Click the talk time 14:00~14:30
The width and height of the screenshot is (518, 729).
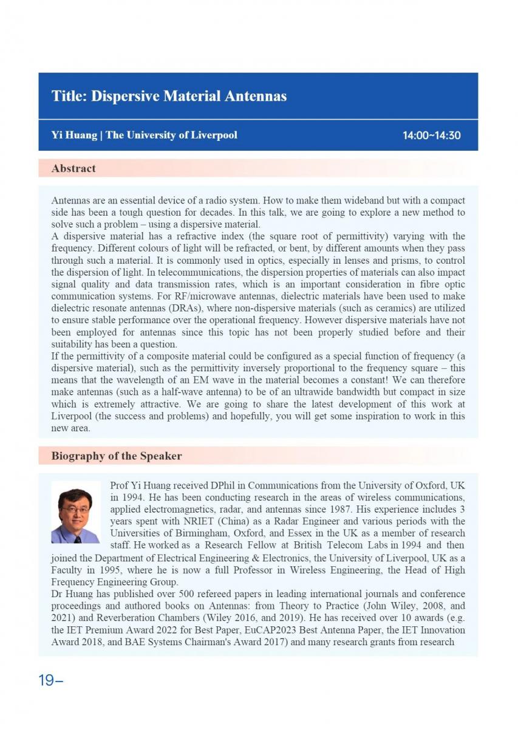pos(431,135)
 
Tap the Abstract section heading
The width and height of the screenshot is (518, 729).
pos(73,168)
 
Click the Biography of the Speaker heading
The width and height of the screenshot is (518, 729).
pos(116,456)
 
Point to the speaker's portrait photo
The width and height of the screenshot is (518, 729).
pos(75,512)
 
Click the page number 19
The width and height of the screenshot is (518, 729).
pos(47,680)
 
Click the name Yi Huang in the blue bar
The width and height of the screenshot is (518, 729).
pos(73,135)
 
